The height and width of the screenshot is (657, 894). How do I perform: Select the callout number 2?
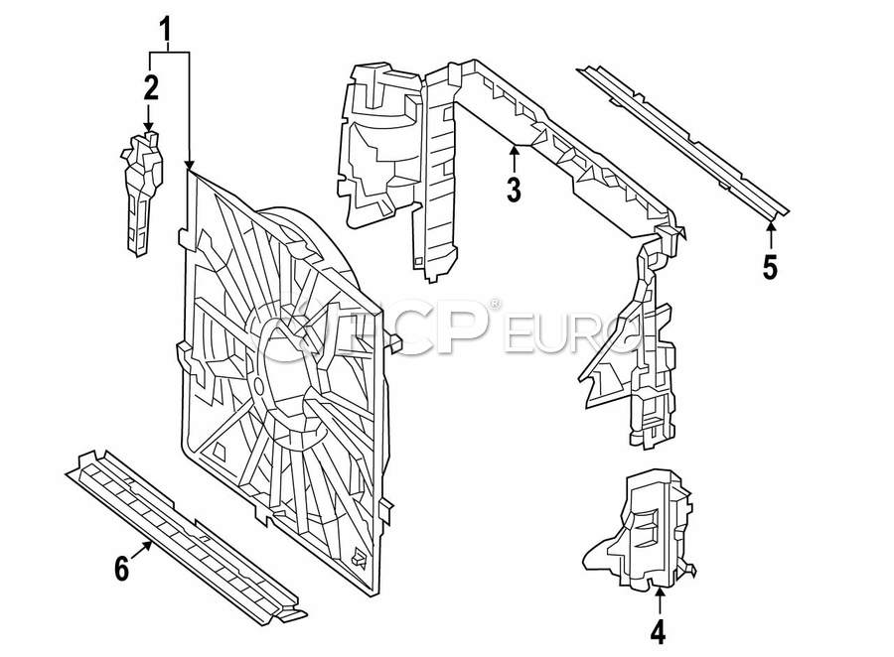point(150,87)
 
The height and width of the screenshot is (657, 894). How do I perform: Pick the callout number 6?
point(122,569)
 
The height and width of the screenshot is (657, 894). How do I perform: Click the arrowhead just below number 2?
point(150,129)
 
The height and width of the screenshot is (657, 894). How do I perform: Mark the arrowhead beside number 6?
point(150,545)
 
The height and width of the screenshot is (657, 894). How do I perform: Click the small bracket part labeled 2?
point(139,194)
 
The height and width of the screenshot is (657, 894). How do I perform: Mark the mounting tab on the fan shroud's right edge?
point(394,344)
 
